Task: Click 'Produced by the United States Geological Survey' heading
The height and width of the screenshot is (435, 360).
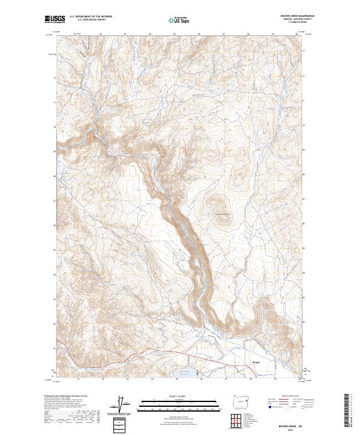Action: [66, 396]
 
